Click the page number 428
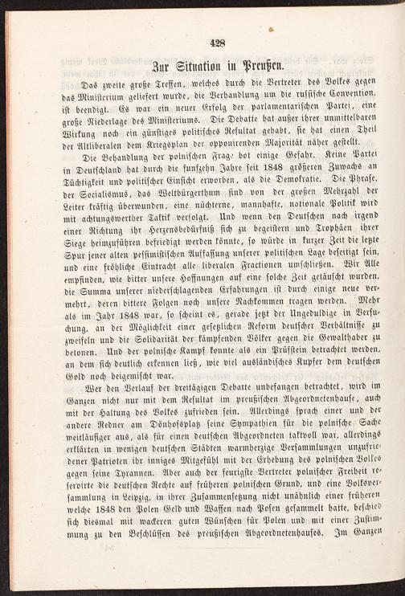[215, 45]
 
